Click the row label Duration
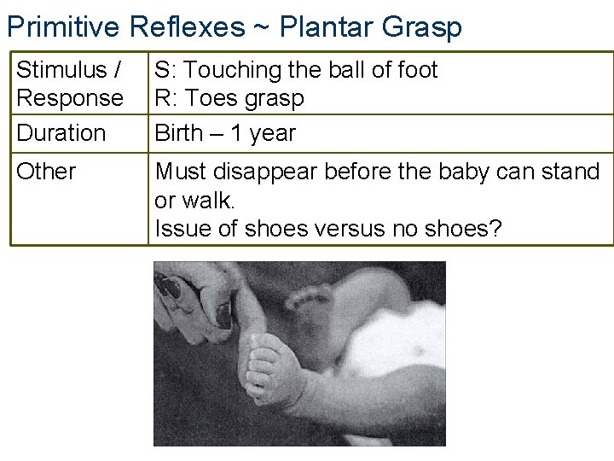[x=61, y=133]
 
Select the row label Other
[x=46, y=172]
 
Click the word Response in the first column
[x=70, y=97]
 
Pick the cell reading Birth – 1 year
[x=224, y=133]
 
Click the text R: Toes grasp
[x=229, y=98]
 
